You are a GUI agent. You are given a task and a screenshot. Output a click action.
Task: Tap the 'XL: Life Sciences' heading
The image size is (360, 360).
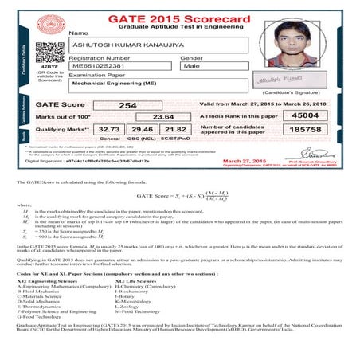coord(135,280)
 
